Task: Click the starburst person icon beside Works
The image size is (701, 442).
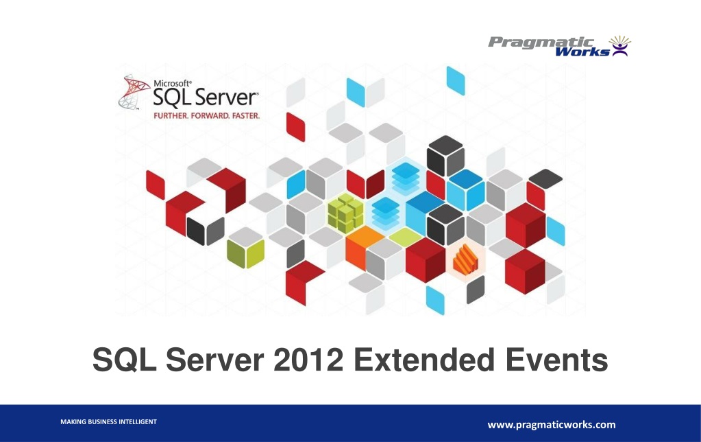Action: pyautogui.click(x=619, y=46)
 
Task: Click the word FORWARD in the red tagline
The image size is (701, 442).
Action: pyautogui.click(x=208, y=116)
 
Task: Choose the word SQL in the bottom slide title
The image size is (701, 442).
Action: pyautogui.click(x=121, y=360)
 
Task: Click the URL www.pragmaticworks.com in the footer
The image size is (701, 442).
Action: pyautogui.click(x=551, y=425)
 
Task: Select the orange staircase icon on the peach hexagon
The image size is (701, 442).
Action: pyautogui.click(x=465, y=259)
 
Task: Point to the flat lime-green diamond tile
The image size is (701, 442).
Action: pyautogui.click(x=404, y=237)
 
